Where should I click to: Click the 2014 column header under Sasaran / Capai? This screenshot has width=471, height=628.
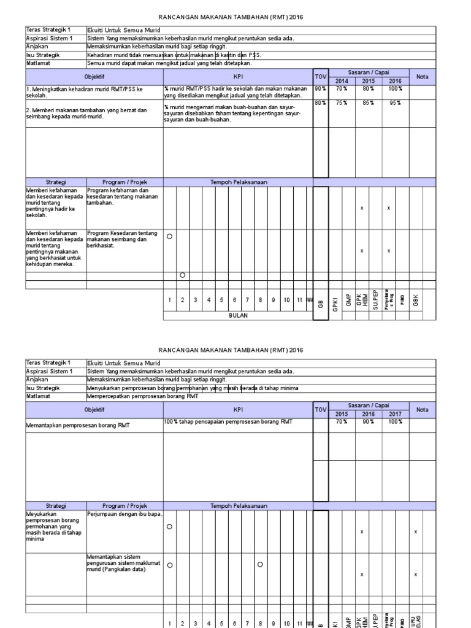tap(342, 81)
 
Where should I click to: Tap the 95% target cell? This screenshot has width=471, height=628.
tap(396, 103)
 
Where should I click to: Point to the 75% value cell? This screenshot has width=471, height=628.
tap(342, 103)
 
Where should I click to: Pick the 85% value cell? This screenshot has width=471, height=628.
tap(368, 103)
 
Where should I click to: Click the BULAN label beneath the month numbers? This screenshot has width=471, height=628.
tap(238, 316)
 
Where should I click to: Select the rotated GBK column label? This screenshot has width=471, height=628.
tap(416, 301)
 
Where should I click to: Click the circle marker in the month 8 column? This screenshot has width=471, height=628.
tap(260, 564)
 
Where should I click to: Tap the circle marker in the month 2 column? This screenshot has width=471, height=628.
tap(182, 275)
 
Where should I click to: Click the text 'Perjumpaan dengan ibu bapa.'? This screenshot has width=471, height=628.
tap(124, 514)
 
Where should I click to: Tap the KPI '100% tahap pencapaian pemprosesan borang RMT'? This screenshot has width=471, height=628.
tap(228, 421)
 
